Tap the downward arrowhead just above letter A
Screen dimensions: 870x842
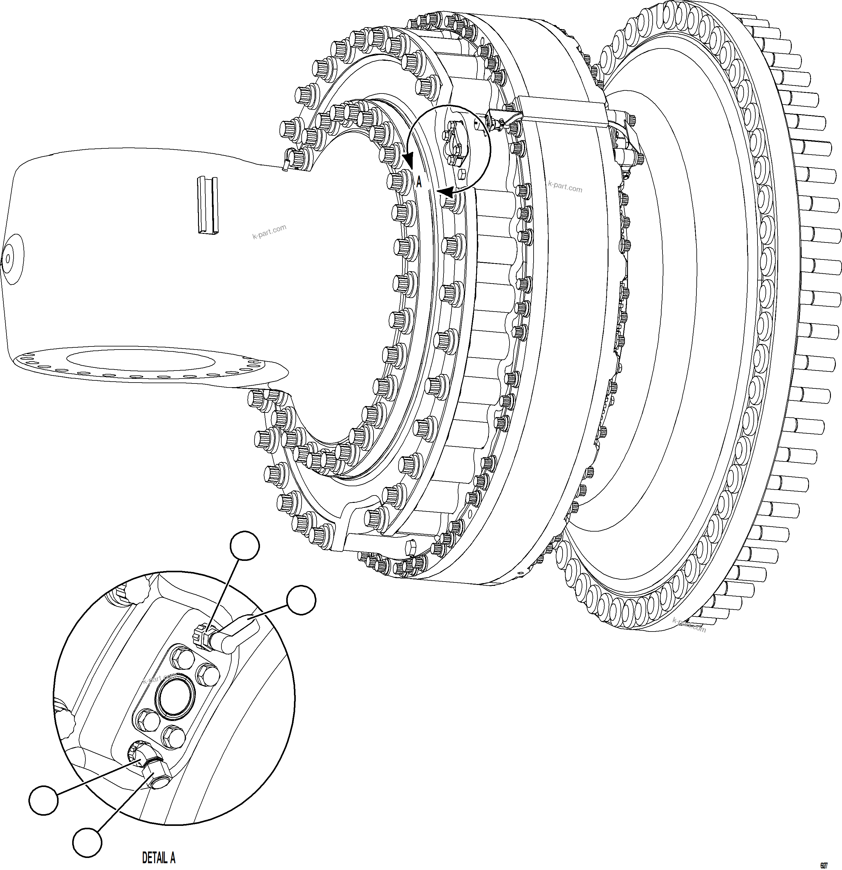click(407, 160)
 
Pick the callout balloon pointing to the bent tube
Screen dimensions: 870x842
click(301, 600)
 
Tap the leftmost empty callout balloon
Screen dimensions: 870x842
click(43, 800)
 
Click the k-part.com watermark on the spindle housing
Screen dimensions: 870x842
click(269, 232)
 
